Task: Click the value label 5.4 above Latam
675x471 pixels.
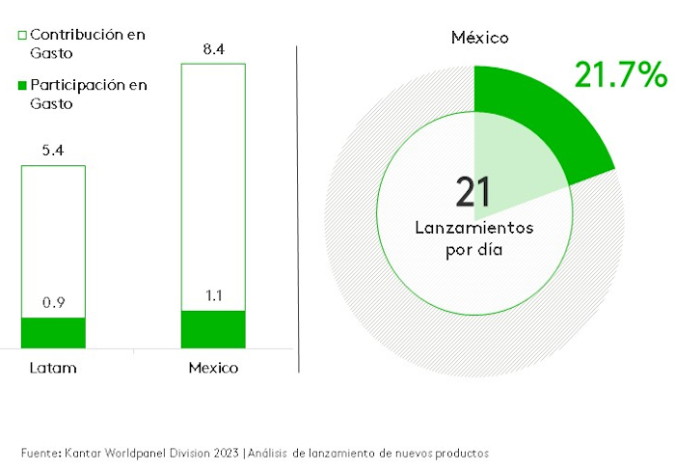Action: point(54,151)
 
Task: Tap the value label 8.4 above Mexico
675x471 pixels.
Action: point(213,48)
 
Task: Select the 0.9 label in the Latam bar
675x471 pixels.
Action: point(54,302)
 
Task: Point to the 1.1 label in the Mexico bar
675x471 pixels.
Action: point(214,295)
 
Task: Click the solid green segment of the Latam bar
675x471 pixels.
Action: point(54,332)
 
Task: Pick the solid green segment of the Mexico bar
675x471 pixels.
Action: point(213,329)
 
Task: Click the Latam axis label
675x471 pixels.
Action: point(53,369)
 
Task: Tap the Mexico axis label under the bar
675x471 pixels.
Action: point(213,369)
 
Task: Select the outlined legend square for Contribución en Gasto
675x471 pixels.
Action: point(22,36)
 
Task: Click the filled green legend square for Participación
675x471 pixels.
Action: point(22,86)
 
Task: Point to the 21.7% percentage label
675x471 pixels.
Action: point(620,74)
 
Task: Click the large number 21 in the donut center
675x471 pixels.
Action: point(473,191)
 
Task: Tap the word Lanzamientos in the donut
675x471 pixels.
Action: point(473,229)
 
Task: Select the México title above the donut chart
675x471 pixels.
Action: point(480,39)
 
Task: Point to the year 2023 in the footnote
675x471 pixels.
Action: point(225,452)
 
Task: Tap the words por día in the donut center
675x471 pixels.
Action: point(473,249)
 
